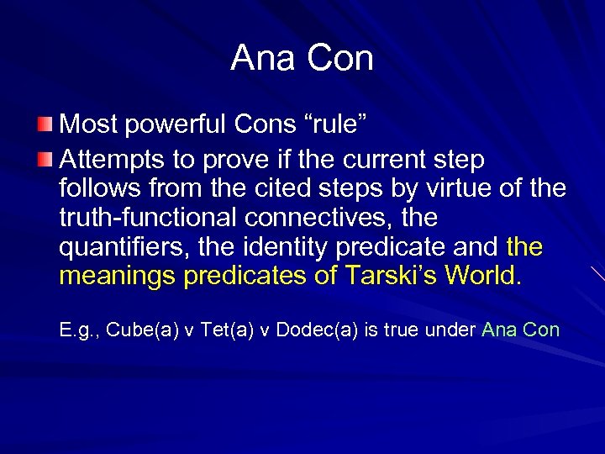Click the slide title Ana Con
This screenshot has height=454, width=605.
302,58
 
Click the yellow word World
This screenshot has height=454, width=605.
483,277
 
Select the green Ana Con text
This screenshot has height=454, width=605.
520,330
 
